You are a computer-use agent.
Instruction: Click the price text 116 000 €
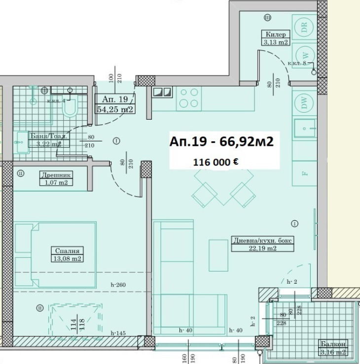pos(216,161)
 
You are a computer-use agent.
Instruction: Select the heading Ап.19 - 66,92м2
pos(221,141)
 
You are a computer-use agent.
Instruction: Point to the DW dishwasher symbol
pos(304,103)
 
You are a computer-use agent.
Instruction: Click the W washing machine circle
pos(304,55)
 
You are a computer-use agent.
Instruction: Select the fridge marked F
pos(304,173)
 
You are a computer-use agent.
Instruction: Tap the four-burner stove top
pos(189,98)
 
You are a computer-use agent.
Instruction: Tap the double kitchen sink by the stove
pos(162,92)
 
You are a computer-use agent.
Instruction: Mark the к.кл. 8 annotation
pos(297,64)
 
